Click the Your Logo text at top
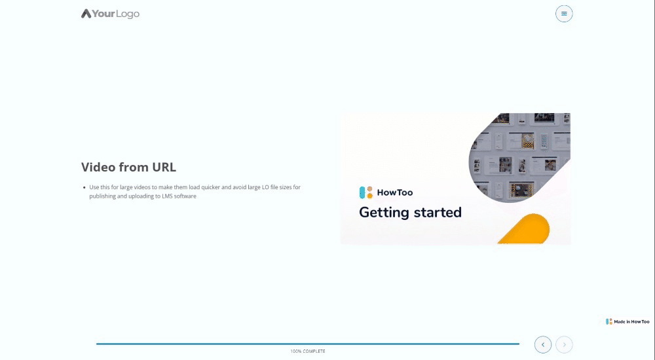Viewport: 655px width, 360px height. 116,14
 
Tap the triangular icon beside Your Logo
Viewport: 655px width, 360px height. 86,14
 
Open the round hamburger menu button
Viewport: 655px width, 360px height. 564,14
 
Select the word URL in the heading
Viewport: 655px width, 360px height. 162,167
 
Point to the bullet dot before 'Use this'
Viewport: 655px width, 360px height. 84,188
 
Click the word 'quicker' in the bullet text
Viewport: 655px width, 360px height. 208,187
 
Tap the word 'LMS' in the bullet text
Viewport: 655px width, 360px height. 169,196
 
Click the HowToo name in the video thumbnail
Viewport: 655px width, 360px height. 395,192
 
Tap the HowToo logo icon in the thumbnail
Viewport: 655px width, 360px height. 366,192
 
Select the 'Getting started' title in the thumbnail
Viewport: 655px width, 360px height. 410,213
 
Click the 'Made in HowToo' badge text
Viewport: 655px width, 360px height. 631,321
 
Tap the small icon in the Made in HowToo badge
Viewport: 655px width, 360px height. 609,321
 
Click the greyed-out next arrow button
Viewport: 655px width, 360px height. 564,344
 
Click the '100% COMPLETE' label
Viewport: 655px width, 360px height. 308,351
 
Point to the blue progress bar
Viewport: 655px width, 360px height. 308,344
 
